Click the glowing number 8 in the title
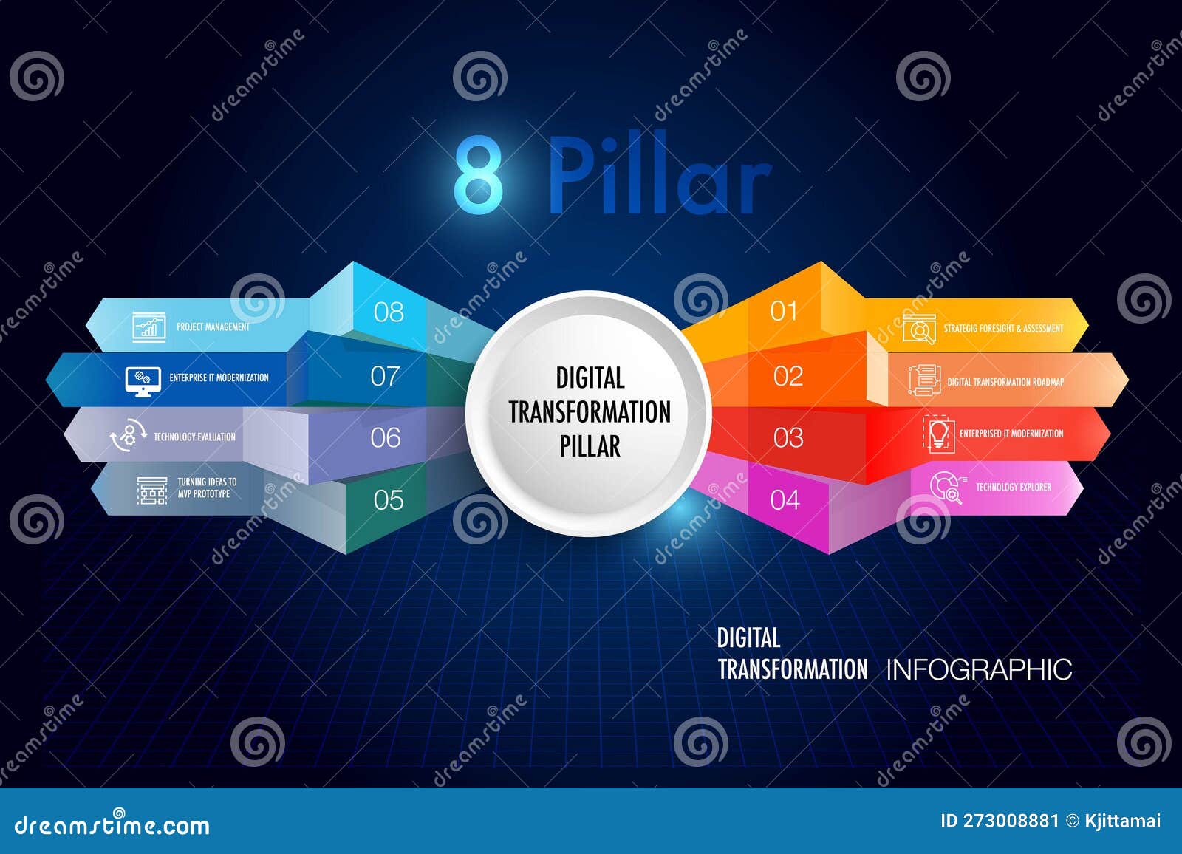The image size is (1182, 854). [x=479, y=175]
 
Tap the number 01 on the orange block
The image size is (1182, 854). [x=784, y=312]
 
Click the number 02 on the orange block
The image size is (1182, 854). [x=788, y=377]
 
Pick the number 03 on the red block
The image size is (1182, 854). [x=788, y=438]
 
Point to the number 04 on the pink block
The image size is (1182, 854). [x=785, y=500]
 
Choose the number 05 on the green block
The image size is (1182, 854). [x=389, y=500]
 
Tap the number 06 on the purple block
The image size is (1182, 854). [x=386, y=438]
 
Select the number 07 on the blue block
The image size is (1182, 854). [x=385, y=377]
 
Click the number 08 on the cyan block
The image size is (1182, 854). [x=389, y=312]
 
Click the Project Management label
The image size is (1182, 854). [x=213, y=327]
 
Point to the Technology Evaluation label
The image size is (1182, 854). [x=194, y=437]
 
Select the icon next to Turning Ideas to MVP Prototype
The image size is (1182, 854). [x=152, y=490]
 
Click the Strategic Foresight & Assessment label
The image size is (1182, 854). [x=1003, y=328]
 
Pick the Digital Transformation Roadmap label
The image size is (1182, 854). [x=1005, y=382]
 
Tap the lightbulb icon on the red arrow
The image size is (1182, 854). [x=938, y=434]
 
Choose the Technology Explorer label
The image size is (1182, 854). [x=1013, y=487]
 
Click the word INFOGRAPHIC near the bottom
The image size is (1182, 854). [x=979, y=670]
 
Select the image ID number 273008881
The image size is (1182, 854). [x=1010, y=821]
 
